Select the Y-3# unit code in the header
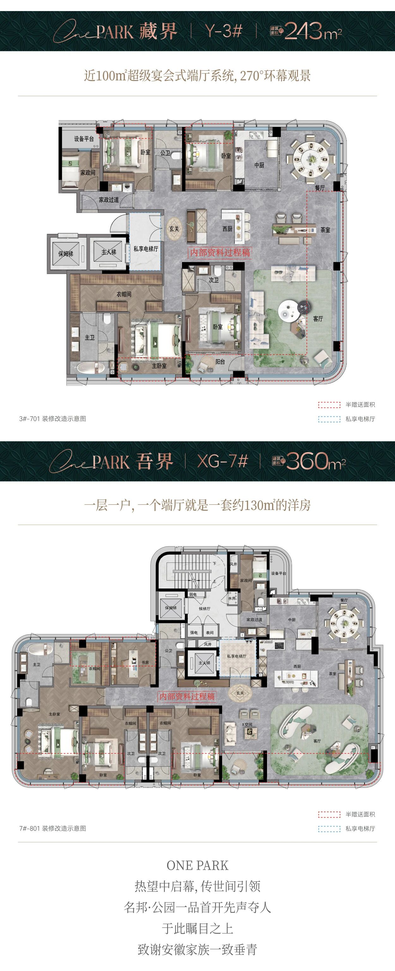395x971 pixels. click(223, 31)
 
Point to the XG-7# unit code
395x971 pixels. click(222, 461)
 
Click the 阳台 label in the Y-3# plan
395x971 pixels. click(220, 362)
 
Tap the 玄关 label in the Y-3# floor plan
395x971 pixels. click(174, 229)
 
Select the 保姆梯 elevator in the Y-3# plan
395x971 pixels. click(65, 254)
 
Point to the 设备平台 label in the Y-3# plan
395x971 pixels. click(84, 139)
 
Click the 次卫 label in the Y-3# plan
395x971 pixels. click(214, 280)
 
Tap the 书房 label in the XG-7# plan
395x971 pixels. click(145, 662)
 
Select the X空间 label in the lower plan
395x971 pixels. click(247, 725)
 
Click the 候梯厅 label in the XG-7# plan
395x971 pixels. click(204, 608)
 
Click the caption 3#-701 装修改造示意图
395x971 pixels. click(53, 418)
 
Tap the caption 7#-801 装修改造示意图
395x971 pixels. click(53, 828)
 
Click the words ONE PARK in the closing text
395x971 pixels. click(197, 865)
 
